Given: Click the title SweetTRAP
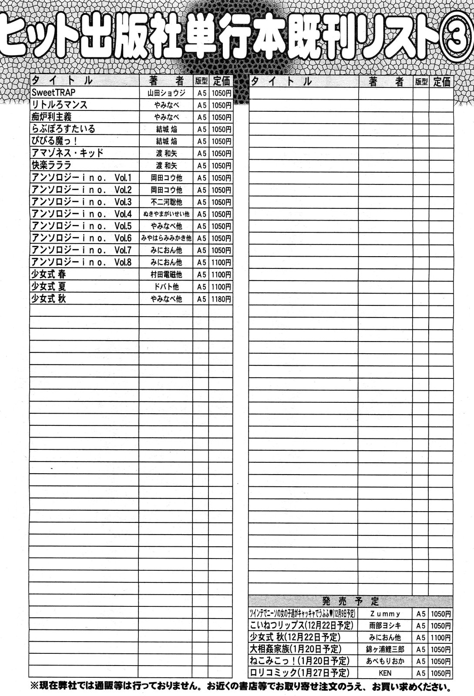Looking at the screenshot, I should click(54, 93).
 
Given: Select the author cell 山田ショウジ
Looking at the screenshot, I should click(166, 93).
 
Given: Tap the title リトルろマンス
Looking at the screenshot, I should click(60, 105).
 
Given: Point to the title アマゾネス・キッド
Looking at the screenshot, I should click(67, 153).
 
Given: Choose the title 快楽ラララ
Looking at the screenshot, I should click(51, 165).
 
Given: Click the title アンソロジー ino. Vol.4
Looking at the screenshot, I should click(81, 214).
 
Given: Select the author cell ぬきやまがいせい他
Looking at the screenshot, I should click(166, 214).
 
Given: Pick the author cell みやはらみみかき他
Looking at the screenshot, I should click(166, 238).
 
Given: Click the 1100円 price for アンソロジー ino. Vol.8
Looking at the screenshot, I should click(221, 262).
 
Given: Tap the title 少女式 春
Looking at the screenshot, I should click(49, 274).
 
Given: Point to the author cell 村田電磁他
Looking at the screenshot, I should click(166, 274).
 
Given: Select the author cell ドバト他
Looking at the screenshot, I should click(166, 287).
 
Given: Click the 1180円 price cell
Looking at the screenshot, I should click(221, 299).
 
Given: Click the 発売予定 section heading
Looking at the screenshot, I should click(351, 602).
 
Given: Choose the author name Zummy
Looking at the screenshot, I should click(384, 614).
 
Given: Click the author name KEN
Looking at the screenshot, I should click(385, 673).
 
